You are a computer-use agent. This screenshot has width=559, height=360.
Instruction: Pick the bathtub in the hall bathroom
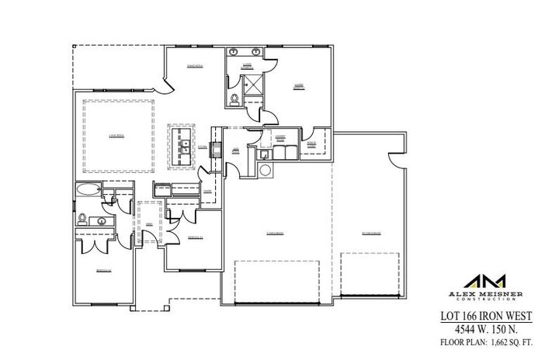[x=87, y=189]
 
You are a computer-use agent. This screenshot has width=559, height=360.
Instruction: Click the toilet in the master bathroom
[x=234, y=99]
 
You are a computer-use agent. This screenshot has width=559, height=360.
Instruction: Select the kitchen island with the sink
[x=184, y=144]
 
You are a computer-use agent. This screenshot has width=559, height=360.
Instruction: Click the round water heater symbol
[x=266, y=170]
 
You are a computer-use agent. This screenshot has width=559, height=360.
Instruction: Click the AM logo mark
[x=485, y=281]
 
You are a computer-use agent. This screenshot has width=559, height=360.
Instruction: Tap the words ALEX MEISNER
[x=484, y=295]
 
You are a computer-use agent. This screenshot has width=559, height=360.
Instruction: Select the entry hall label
[x=148, y=224]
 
